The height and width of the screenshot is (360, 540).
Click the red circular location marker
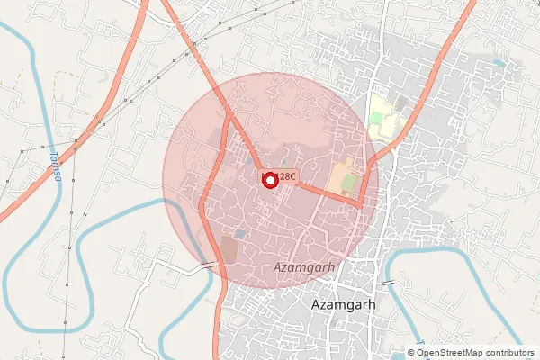pyautogui.click(x=268, y=179)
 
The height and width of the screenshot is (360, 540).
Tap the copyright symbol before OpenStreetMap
pyautogui.click(x=412, y=352)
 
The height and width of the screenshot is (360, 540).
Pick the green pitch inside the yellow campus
pyautogui.click(x=376, y=118)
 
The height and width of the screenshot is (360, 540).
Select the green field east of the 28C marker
pyautogui.click(x=344, y=176)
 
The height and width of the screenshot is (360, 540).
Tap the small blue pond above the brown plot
pyautogui.click(x=238, y=234)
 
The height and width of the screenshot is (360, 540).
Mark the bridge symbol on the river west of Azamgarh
pyautogui.click(x=209, y=265)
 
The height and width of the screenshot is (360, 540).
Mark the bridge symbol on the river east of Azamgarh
pyautogui.click(x=387, y=283)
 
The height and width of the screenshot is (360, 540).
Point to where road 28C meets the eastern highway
pyautogui.click(x=361, y=205)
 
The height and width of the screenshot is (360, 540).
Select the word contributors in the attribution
pyautogui.click(x=507, y=352)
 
